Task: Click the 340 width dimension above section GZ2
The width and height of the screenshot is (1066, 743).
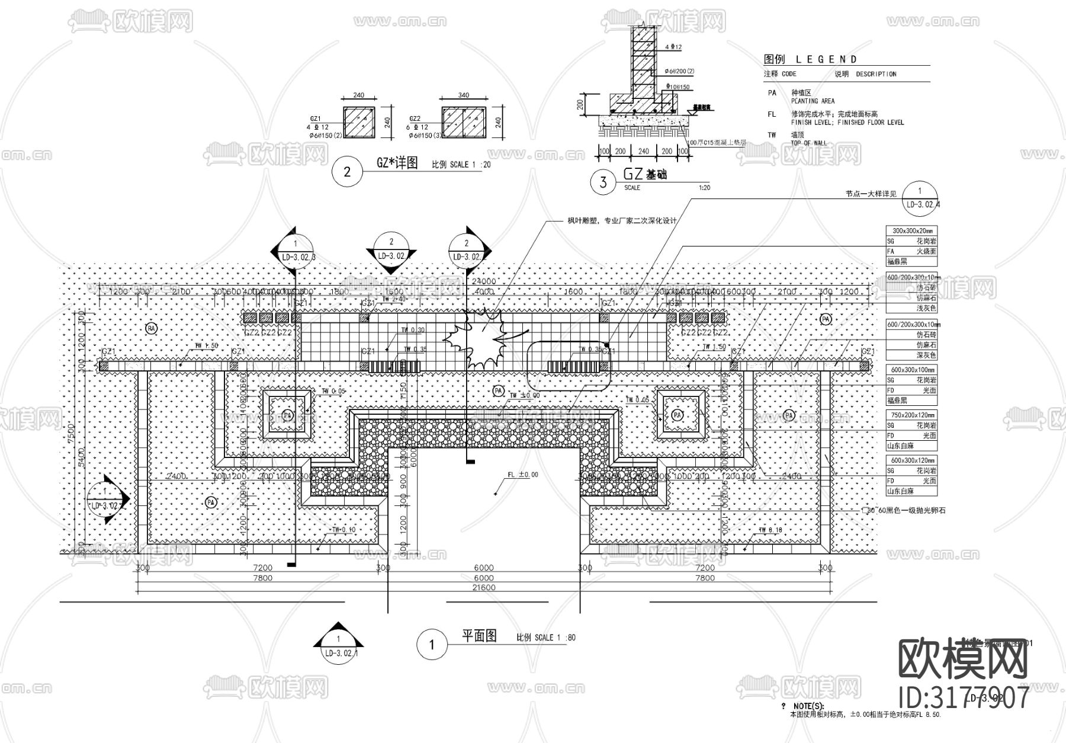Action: coord(463,95)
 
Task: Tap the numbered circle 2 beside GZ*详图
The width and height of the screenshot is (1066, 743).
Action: coord(347,172)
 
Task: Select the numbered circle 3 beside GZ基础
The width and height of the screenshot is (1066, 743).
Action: coord(603,182)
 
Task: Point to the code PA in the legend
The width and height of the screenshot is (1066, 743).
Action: coord(772,93)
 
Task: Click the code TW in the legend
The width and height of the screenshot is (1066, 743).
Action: coord(772,135)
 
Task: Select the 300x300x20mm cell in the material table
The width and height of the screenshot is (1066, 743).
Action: coord(911,231)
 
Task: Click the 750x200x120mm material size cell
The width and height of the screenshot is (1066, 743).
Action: coord(911,415)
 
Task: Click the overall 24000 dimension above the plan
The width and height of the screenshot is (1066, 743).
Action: coord(484,281)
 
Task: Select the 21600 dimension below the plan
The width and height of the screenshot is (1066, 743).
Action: coord(484,588)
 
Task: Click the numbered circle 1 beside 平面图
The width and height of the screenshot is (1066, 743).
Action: coord(431,645)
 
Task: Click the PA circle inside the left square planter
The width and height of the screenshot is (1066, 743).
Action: coord(287,415)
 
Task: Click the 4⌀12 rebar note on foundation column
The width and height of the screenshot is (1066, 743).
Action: coord(674,47)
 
